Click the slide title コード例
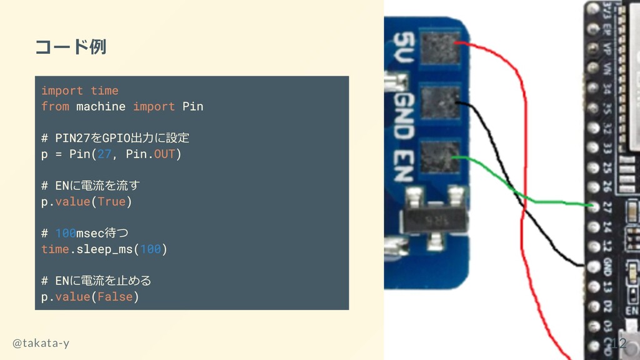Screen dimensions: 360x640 point(70,47)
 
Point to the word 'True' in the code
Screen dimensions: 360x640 point(111,202)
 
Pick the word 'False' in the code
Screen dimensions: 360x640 point(115,297)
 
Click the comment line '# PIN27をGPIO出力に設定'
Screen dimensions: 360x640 point(115,137)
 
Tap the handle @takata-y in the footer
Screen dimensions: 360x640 point(41,343)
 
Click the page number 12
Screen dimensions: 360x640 point(619,343)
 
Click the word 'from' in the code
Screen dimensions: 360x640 point(55,106)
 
